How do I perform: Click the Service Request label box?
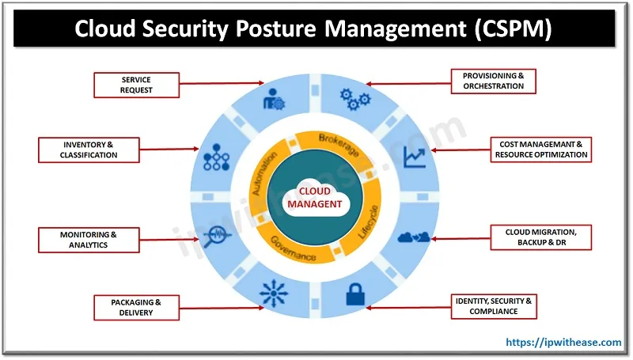[137, 85]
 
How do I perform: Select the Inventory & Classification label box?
[90, 150]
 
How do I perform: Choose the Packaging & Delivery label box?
[136, 307]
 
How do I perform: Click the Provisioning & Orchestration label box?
[493, 80]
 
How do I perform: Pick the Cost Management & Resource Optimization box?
[542, 150]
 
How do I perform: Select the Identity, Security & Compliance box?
[492, 305]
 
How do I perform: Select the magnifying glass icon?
[216, 236]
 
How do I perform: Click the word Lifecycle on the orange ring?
[369, 223]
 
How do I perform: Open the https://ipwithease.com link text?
[563, 342]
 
